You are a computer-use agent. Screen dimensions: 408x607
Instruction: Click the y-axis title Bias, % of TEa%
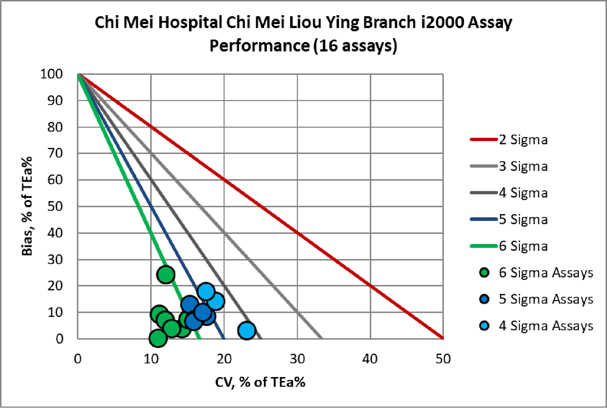pyautogui.click(x=27, y=206)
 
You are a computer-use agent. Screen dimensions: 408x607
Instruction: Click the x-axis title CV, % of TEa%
pyautogui.click(x=260, y=382)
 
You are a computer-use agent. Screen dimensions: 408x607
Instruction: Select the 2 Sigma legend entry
pyautogui.click(x=523, y=140)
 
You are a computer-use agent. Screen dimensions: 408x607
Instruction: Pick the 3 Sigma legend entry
pyautogui.click(x=523, y=166)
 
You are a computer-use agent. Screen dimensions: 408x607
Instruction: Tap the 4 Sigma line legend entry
pyautogui.click(x=523, y=193)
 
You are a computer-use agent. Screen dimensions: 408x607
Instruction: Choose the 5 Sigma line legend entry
pyautogui.click(x=523, y=219)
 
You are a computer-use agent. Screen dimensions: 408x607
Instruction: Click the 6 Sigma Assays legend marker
pyautogui.click(x=484, y=272)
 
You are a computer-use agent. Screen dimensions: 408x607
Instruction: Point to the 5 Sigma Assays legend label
pyautogui.click(x=546, y=299)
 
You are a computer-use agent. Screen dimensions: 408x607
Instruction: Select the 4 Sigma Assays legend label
pyautogui.click(x=546, y=326)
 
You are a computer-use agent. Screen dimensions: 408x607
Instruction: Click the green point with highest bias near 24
pyautogui.click(x=166, y=275)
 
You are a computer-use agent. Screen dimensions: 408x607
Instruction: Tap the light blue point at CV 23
pyautogui.click(x=247, y=330)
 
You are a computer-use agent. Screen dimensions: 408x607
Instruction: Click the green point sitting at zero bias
pyautogui.click(x=158, y=338)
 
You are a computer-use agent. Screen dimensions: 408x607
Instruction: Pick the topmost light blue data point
pyautogui.click(x=206, y=291)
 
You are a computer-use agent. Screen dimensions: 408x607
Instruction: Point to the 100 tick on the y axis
pyautogui.click(x=51, y=74)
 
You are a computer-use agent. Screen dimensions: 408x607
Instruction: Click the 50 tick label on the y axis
pyautogui.click(x=55, y=207)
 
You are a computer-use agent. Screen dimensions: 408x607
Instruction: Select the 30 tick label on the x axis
pyautogui.click(x=297, y=359)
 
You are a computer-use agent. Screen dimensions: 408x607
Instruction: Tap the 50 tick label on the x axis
pyautogui.click(x=443, y=359)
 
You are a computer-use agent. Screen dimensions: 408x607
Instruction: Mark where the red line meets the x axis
pyautogui.click(x=443, y=338)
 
